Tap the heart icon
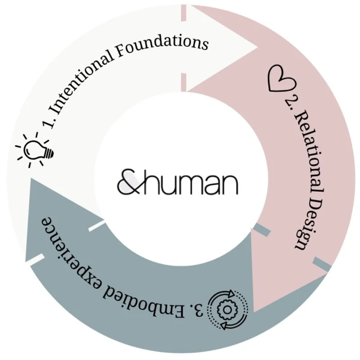click(281, 80)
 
